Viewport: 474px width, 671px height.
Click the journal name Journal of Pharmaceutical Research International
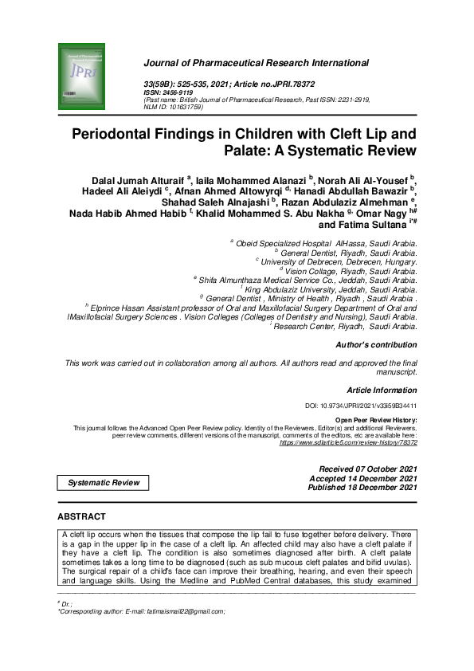pos(256,63)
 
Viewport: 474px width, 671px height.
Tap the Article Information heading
pos(382,390)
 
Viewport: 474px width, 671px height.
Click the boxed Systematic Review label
pos(104,482)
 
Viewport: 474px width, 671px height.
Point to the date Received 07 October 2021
pos(367,469)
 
